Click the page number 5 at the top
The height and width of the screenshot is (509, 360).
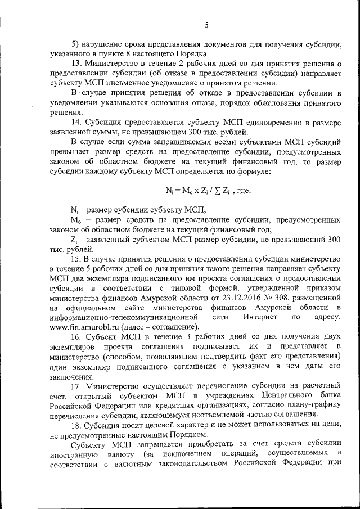click(x=206, y=25)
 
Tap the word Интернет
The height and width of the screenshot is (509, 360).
click(x=259, y=318)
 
